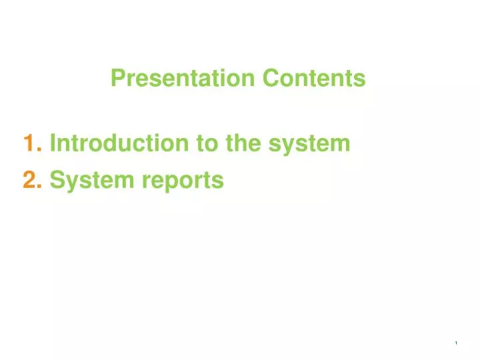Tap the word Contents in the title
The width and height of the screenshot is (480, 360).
[314, 79]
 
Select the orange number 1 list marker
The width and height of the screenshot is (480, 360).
[29, 143]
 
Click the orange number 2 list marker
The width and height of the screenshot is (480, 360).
[29, 180]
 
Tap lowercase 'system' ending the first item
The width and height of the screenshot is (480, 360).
[310, 144]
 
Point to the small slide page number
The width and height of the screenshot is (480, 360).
[456, 343]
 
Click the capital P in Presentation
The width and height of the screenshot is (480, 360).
[117, 79]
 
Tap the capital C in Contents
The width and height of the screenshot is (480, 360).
[269, 79]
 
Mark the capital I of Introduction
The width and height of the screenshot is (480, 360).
[53, 143]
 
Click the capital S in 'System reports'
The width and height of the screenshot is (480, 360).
[57, 180]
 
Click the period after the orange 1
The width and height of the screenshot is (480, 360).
[41, 149]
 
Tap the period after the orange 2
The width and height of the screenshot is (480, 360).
[41, 187]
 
